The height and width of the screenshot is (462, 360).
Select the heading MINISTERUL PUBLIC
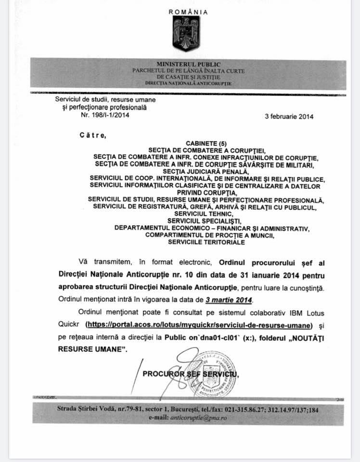(188, 64)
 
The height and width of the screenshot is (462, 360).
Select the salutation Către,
(92, 136)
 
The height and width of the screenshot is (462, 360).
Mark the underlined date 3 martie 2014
(229, 299)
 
